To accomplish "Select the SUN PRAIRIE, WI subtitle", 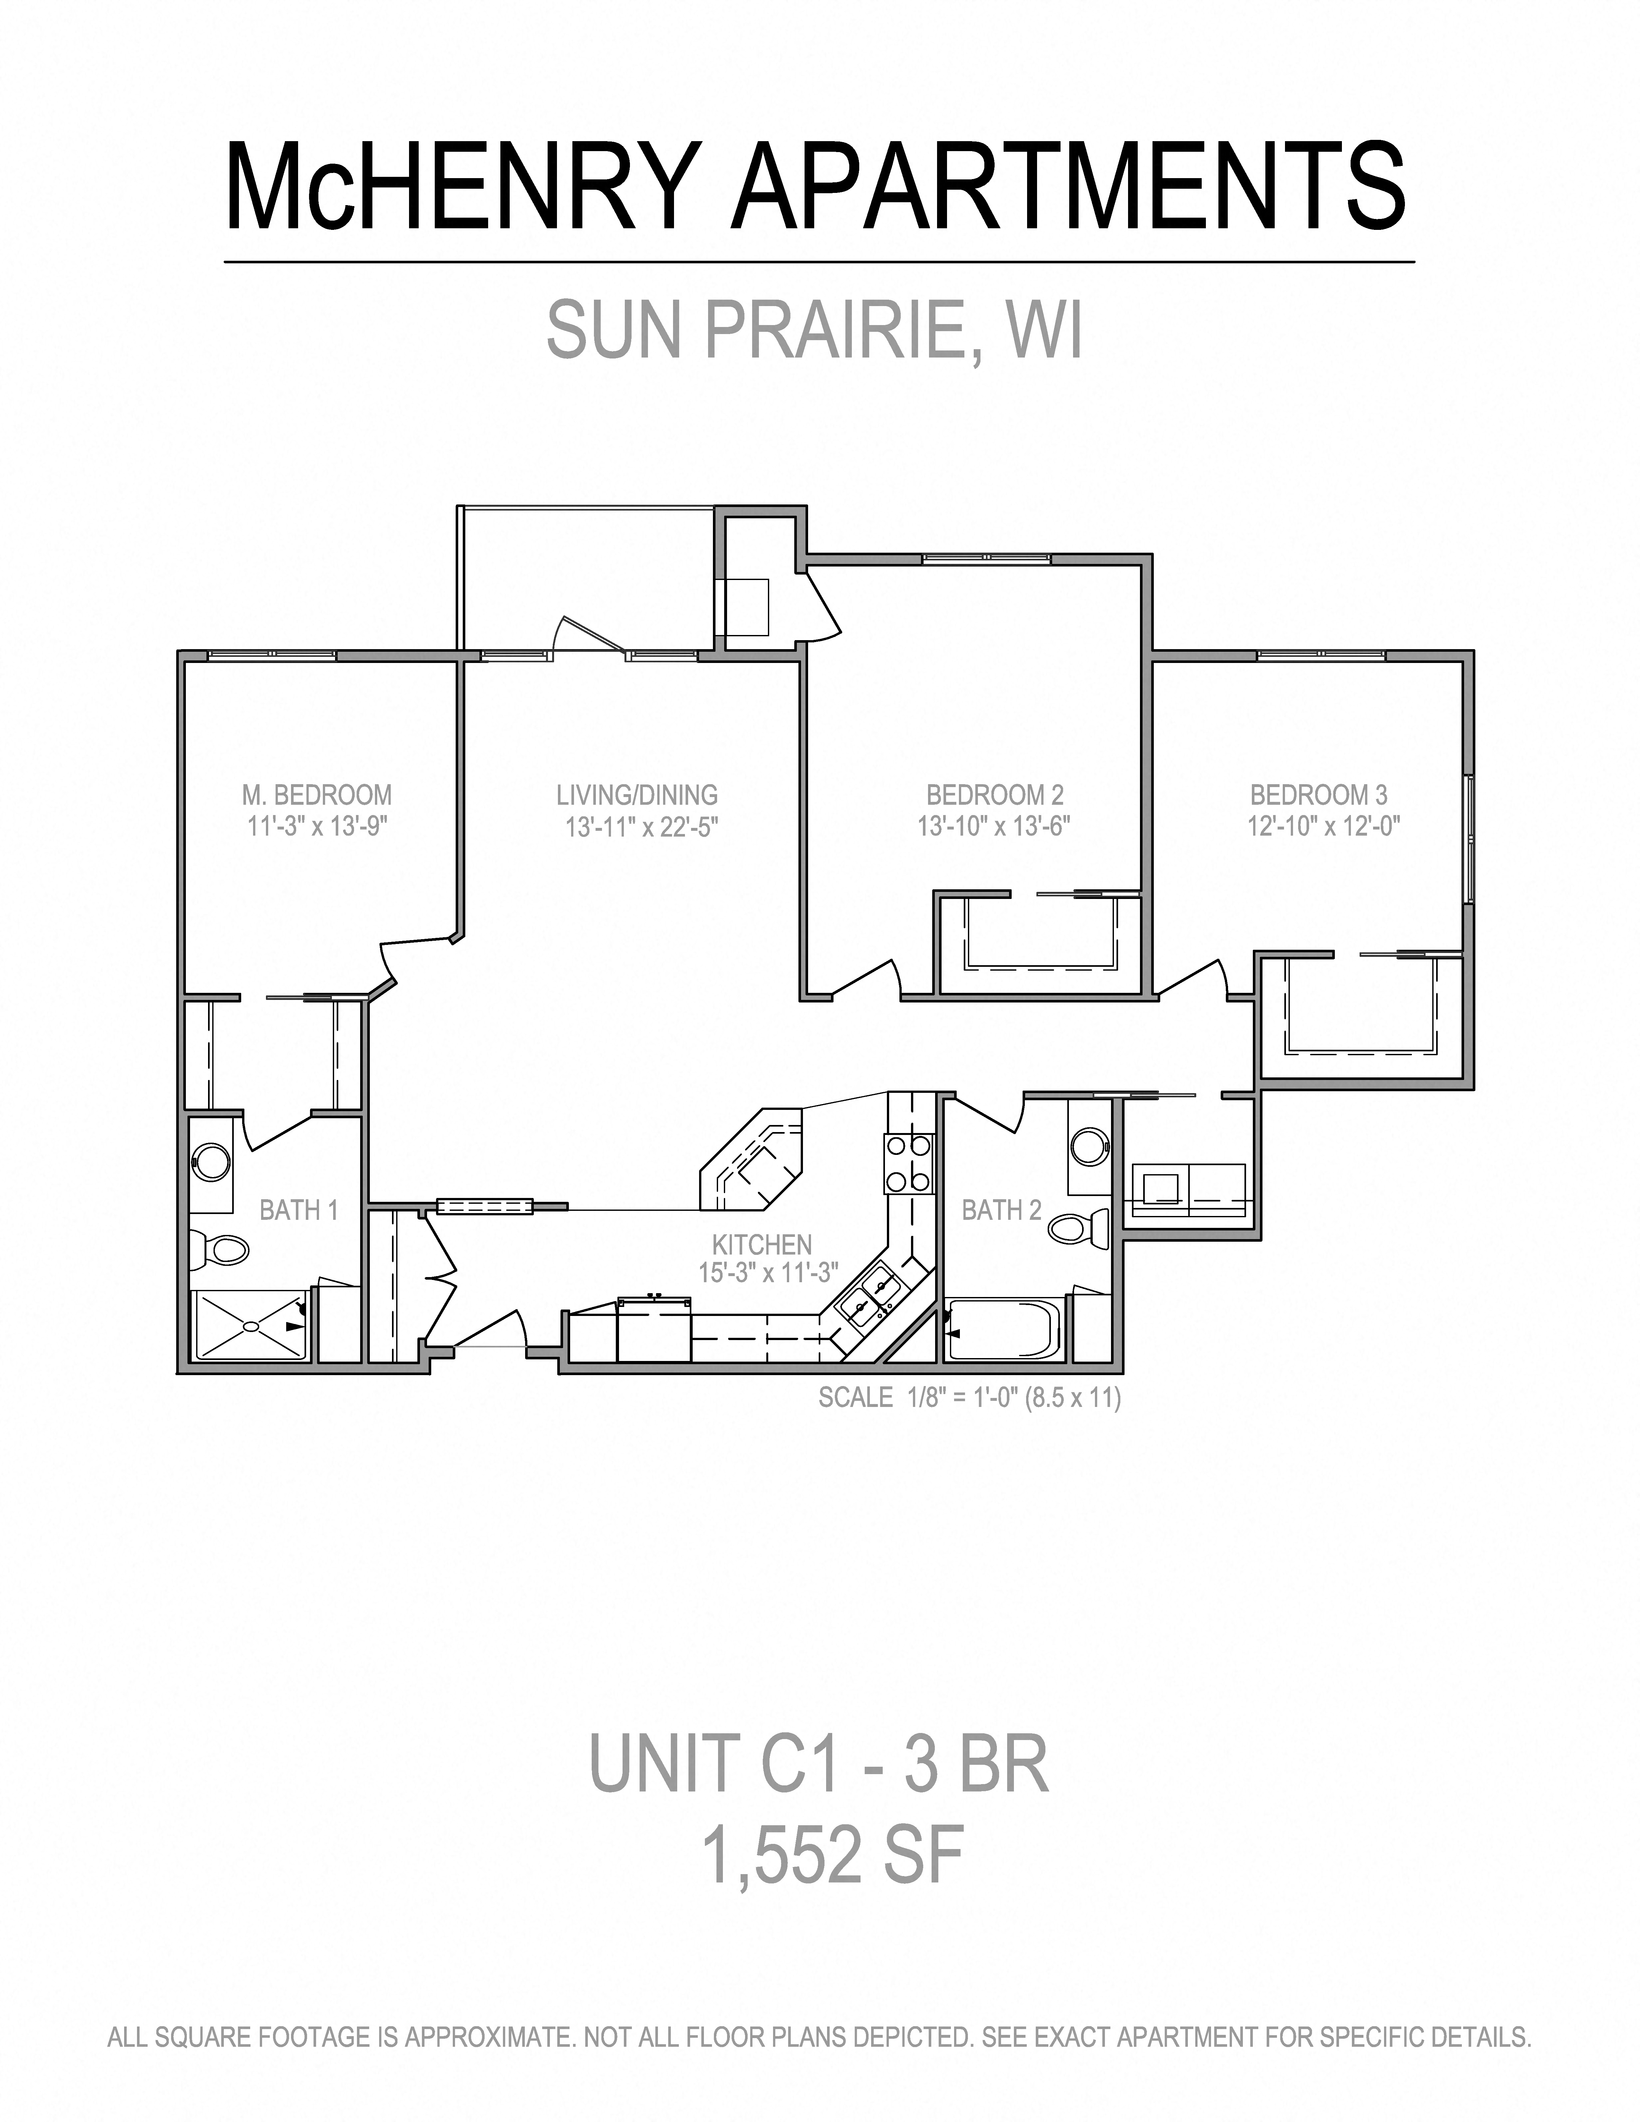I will pyautogui.click(x=814, y=330).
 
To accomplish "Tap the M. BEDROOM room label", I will pyautogui.click(x=317, y=795).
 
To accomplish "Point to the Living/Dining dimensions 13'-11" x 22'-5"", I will pyautogui.click(x=641, y=827).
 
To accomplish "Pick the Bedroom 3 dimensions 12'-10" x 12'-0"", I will pyautogui.click(x=1323, y=827).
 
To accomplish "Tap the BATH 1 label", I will pyautogui.click(x=298, y=1210).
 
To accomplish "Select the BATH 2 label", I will pyautogui.click(x=1001, y=1210).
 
